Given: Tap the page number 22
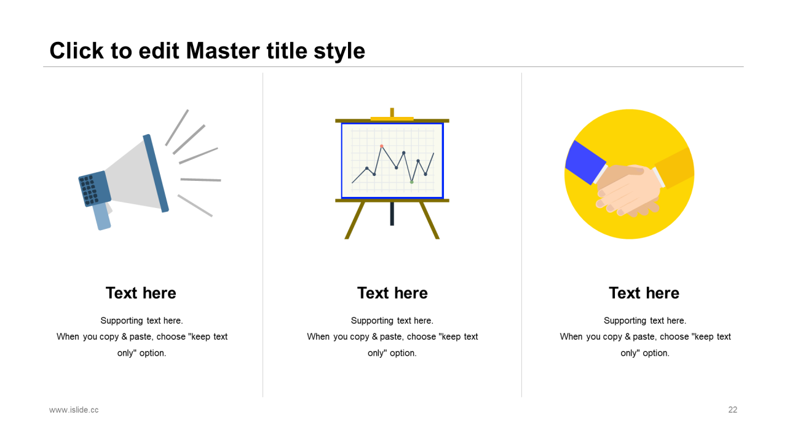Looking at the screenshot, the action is pos(732,410).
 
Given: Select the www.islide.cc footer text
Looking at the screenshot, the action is pos(74,410).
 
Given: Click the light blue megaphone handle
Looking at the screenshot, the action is pos(102,216).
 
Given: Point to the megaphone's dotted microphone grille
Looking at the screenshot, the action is pos(89,190).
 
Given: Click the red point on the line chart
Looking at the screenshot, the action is pos(382,146).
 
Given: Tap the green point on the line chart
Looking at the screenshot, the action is pos(412,182).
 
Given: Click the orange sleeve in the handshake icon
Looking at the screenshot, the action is pos(674,168).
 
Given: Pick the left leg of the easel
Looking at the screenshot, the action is pos(355,220).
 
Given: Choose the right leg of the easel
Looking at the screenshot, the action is pos(429,220).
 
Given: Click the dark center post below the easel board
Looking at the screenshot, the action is pos(392,214).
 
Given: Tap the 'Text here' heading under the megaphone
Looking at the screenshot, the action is pos(141,293).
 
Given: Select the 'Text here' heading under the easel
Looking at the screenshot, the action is pos(392,293).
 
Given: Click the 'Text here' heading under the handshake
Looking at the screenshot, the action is pos(644,293).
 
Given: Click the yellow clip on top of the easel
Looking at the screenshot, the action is pos(392,119).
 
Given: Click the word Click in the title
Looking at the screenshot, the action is pos(77,50).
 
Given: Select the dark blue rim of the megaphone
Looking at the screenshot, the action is pos(156,174).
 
